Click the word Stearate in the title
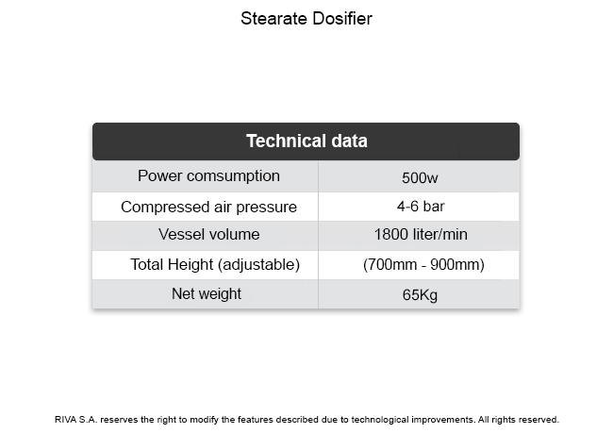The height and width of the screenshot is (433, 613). point(274,18)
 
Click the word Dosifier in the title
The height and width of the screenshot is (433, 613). point(342,18)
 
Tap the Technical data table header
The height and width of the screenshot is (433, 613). point(306,141)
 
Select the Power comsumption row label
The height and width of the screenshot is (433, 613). point(208,176)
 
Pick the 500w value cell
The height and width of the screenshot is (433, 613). point(420,178)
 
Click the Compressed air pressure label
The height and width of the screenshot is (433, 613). point(208,207)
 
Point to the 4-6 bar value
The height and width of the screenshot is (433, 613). point(421,207)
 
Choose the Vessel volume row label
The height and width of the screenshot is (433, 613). point(208,234)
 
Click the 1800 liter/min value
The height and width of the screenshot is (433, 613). point(421,234)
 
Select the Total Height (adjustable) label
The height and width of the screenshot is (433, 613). point(215,265)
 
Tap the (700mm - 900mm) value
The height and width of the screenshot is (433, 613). point(423,265)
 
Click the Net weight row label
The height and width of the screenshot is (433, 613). point(207,293)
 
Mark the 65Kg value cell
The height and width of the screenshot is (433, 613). point(420,295)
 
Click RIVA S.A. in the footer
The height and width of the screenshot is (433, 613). point(76,420)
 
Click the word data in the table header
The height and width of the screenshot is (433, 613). point(350,141)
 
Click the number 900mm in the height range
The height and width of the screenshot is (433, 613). point(457,265)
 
